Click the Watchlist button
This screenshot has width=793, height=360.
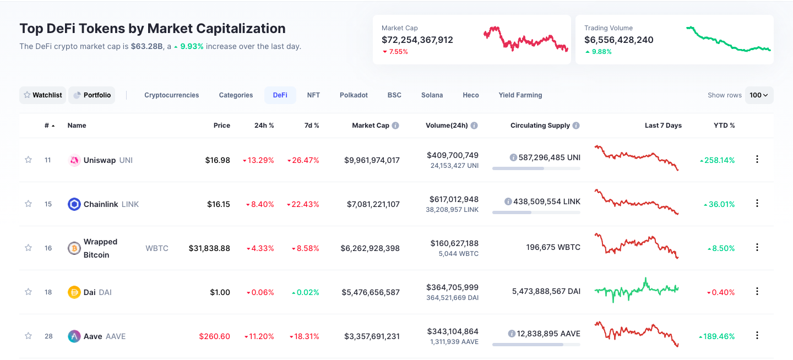tap(42, 95)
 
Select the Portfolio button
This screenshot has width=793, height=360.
tap(92, 95)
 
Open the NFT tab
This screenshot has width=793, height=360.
tap(313, 95)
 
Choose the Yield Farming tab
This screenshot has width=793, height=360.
tap(520, 95)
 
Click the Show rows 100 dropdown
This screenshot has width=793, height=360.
tap(759, 95)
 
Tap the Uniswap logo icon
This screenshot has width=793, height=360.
tap(74, 160)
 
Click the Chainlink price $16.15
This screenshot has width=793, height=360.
tap(218, 204)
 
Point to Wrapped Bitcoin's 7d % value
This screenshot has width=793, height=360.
tap(305, 248)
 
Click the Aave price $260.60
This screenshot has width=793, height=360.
tap(215, 336)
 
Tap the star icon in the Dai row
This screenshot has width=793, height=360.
tap(28, 292)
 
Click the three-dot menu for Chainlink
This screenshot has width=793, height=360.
tap(757, 203)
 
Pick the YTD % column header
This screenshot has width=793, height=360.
tap(724, 126)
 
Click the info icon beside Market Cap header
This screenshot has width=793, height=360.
tap(395, 126)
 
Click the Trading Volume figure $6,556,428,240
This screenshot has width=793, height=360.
tap(618, 40)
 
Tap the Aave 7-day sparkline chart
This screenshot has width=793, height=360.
tap(636, 334)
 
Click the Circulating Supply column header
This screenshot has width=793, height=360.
tap(540, 126)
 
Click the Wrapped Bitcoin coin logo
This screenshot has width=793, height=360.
tap(74, 248)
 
